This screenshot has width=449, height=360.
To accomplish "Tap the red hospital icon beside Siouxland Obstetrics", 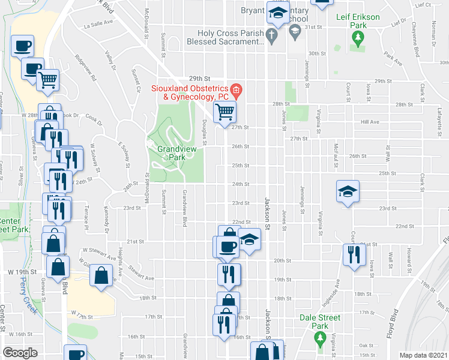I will tap(237, 91).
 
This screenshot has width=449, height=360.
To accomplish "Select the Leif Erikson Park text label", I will tap(358, 22).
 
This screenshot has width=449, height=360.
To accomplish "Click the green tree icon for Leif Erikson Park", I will tap(358, 40).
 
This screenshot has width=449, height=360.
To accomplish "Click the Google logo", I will tap(20, 353).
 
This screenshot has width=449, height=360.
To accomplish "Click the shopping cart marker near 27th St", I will tap(224, 111).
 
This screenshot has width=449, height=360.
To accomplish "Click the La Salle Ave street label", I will tap(98, 24).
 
